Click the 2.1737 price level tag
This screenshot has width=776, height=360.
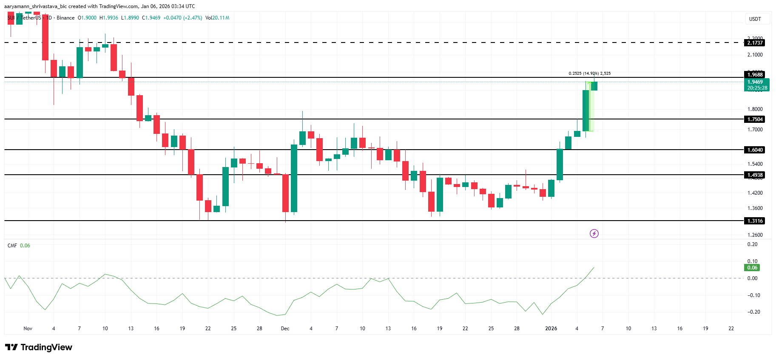tap(755, 43)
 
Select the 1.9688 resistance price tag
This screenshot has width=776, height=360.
tap(755, 75)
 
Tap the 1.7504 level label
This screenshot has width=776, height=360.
tap(755, 119)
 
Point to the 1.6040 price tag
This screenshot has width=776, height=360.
tap(755, 150)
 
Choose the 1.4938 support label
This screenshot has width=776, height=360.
tap(755, 175)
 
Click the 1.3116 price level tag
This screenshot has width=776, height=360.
tap(755, 221)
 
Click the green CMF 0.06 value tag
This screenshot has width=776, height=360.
tap(753, 268)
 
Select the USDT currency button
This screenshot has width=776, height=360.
tap(755, 19)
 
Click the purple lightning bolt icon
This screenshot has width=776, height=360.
tap(594, 233)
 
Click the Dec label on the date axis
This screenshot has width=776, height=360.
tap(285, 329)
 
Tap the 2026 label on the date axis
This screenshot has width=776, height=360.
tap(551, 329)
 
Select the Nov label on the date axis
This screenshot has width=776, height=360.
tap(28, 329)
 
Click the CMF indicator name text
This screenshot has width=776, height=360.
tap(12, 246)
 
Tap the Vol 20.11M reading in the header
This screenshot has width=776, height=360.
tap(217, 18)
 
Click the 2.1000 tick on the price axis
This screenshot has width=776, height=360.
tap(755, 55)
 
